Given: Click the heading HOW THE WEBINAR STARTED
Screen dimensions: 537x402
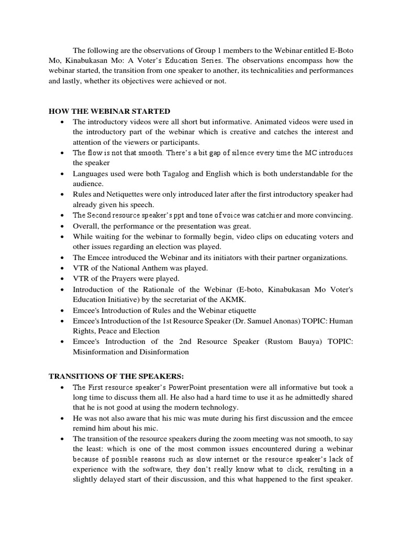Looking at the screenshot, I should click(x=109, y=111).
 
